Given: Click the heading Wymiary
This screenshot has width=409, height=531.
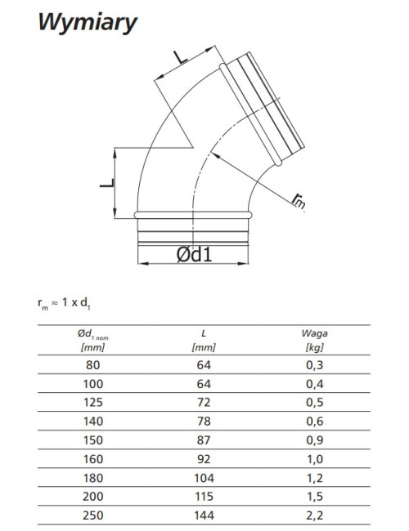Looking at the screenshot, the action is (x=88, y=23).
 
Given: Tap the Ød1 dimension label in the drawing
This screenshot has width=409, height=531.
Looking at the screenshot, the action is (x=195, y=254).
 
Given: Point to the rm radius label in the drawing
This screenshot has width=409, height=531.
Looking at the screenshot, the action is (x=299, y=201).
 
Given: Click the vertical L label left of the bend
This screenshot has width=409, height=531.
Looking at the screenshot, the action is (x=107, y=183).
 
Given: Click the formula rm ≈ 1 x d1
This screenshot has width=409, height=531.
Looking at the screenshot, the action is (x=64, y=303).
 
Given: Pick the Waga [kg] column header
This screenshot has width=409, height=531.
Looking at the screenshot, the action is (x=314, y=340).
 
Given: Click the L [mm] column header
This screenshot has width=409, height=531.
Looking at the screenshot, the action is (x=204, y=340).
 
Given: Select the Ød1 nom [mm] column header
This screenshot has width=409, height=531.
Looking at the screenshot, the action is (x=93, y=340).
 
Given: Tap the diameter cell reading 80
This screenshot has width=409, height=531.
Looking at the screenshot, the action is (x=93, y=365).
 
